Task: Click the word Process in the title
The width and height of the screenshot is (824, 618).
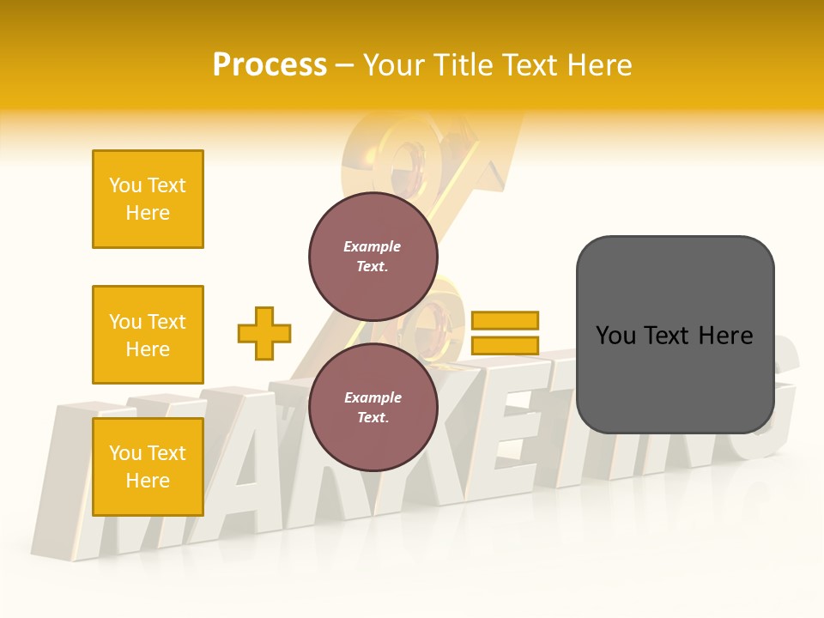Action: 270,65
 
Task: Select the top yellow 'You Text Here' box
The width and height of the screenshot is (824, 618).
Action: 148,199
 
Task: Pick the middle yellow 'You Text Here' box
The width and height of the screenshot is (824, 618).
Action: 148,335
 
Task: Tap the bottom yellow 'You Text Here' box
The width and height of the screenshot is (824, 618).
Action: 148,467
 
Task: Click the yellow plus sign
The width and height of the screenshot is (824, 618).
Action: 264,333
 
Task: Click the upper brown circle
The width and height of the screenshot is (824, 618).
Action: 373,257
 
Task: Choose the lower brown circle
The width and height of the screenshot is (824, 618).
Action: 373,408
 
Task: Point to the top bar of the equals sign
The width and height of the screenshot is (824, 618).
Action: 505,321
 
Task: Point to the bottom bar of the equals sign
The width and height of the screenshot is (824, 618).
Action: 505,346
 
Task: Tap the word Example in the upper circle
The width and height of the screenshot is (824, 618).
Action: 373,246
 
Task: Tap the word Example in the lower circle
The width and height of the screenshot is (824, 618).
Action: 373,397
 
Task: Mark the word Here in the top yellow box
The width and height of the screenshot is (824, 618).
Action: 148,213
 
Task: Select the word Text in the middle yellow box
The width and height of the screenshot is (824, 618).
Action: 166,322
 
